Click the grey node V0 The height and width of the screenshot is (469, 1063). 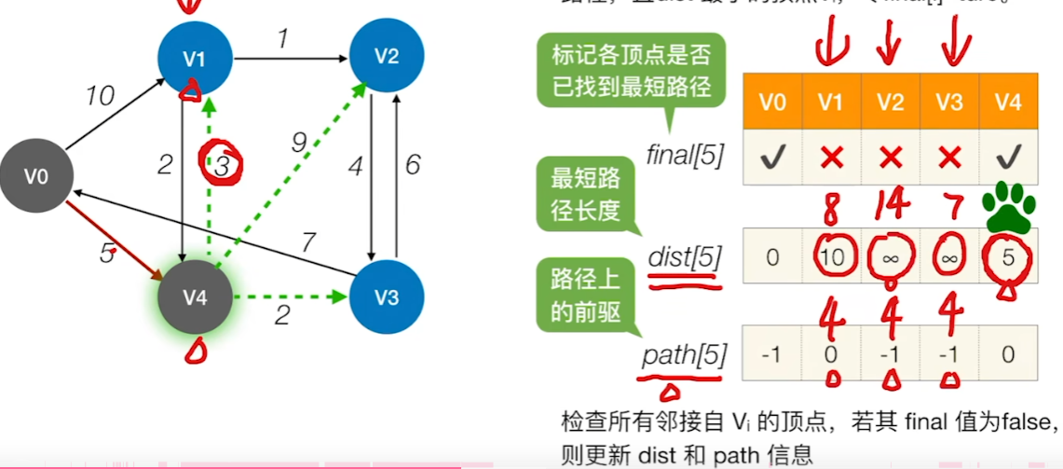35,175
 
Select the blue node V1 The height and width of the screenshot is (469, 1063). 194,58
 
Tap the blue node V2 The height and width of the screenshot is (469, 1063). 386,56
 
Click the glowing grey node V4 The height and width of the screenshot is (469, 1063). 194,297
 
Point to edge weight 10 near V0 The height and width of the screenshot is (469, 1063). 100,95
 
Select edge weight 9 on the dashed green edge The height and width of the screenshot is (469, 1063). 298,144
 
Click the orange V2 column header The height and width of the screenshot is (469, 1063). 890,102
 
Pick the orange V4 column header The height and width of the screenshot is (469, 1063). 1007,102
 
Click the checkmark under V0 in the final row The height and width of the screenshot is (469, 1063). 772,158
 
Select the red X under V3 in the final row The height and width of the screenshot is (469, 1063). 948,158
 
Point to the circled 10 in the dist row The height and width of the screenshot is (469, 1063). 832,257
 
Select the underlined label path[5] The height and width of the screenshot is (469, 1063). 685,356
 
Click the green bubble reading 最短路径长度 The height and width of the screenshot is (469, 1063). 585,194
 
